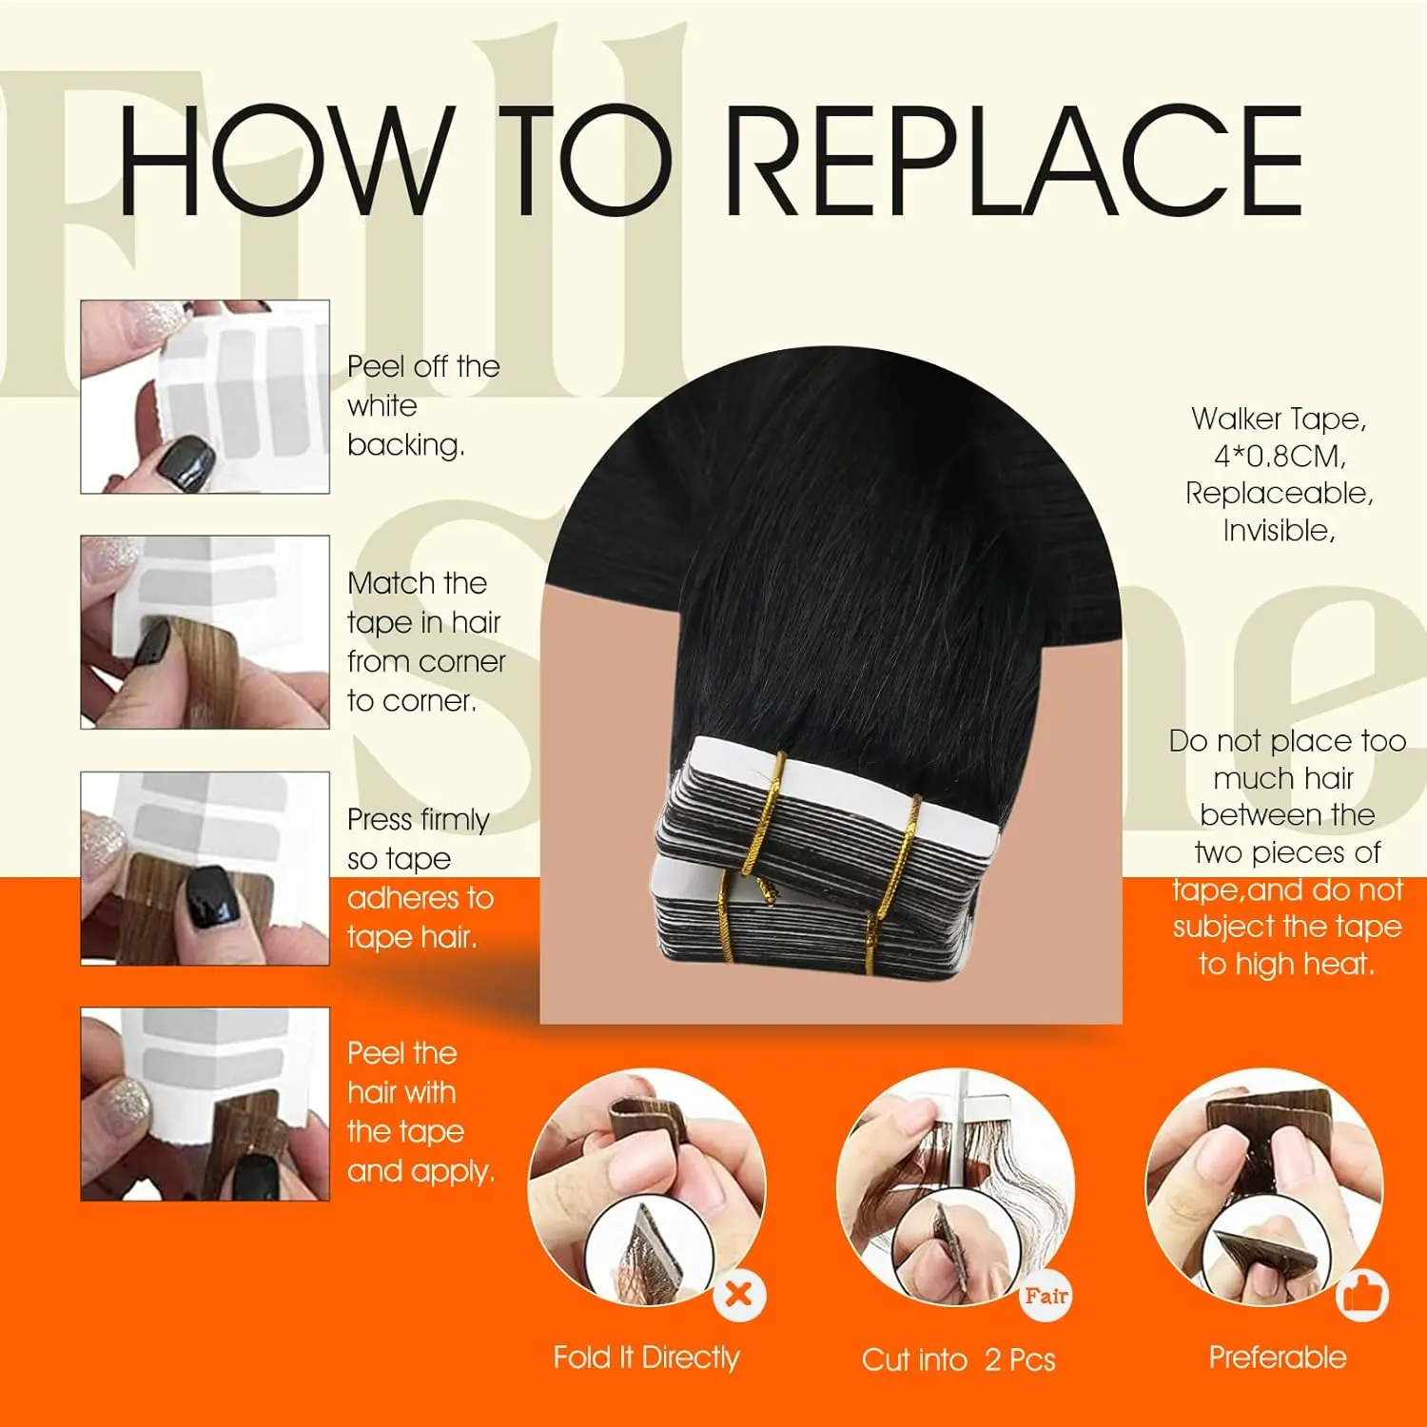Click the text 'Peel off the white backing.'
(x=423, y=405)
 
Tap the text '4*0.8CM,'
(x=1280, y=457)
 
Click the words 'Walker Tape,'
(x=1280, y=419)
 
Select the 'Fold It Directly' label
(x=646, y=1358)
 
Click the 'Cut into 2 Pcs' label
(x=959, y=1359)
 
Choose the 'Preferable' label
(x=1278, y=1358)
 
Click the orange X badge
(x=739, y=1295)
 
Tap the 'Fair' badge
(x=1046, y=1295)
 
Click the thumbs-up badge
(x=1362, y=1295)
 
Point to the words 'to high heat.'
(x=1287, y=964)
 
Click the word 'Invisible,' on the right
(x=1280, y=531)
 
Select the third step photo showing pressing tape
(x=205, y=869)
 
